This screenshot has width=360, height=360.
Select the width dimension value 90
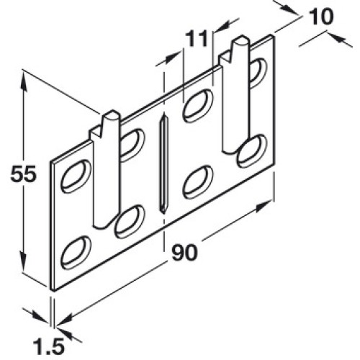click(x=184, y=252)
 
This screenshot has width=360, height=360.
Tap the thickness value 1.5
click(x=49, y=346)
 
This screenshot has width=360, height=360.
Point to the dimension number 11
click(x=197, y=39)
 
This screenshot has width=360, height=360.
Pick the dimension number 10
click(x=321, y=17)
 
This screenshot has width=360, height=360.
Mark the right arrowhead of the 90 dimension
click(x=264, y=207)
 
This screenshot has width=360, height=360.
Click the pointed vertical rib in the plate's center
click(x=163, y=164)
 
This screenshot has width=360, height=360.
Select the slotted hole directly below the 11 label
click(x=198, y=105)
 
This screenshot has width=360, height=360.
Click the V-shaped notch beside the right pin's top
click(x=226, y=58)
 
